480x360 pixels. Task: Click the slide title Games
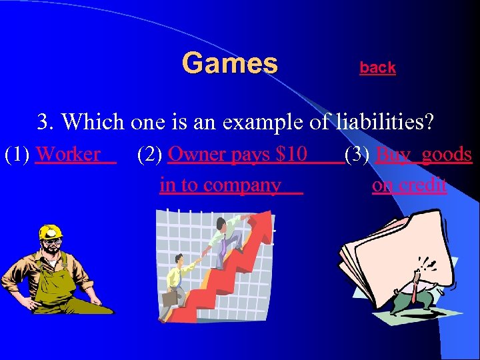tap(229, 64)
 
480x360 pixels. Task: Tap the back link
tap(377, 68)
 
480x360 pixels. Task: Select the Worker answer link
tap(69, 155)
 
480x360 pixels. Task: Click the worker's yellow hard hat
tap(49, 232)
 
